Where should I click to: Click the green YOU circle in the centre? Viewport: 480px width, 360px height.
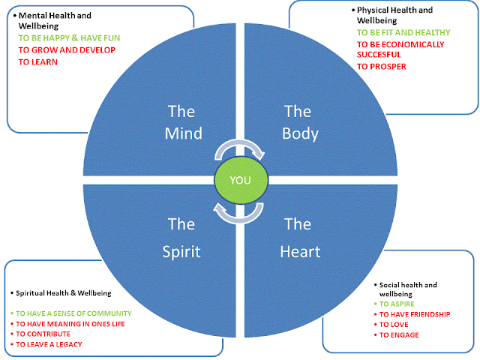241,180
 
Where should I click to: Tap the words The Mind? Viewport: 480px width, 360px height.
183,122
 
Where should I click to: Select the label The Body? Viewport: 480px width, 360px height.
300,122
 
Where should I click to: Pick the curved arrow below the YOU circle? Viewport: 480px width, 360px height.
238,219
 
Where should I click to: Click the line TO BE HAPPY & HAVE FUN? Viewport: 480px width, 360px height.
69,38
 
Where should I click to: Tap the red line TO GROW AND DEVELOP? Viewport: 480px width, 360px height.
67,50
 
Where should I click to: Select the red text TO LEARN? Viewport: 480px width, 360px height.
38,61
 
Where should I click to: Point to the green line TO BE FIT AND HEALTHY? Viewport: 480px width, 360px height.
403,32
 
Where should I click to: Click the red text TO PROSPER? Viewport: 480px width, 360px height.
382,67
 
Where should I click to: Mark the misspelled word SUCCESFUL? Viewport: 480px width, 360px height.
379,55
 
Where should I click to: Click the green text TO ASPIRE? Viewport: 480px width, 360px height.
397,304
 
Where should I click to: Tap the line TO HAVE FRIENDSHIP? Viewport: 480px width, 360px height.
415,314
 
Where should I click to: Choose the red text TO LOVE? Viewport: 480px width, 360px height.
394,325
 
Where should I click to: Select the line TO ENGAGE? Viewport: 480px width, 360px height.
399,335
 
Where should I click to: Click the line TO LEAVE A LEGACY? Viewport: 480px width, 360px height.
49,344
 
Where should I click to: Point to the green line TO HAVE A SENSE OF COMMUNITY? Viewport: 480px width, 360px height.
73,313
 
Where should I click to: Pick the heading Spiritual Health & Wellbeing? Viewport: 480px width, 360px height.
63,293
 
